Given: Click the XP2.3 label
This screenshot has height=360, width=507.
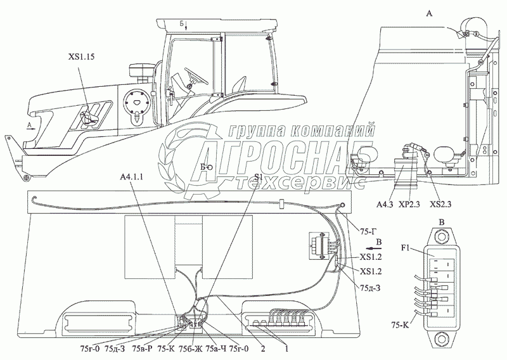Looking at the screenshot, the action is (x=410, y=204).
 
